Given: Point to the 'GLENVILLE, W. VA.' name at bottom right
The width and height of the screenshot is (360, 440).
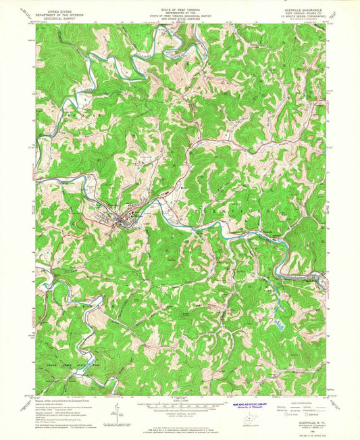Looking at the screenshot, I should pos(308,420).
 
